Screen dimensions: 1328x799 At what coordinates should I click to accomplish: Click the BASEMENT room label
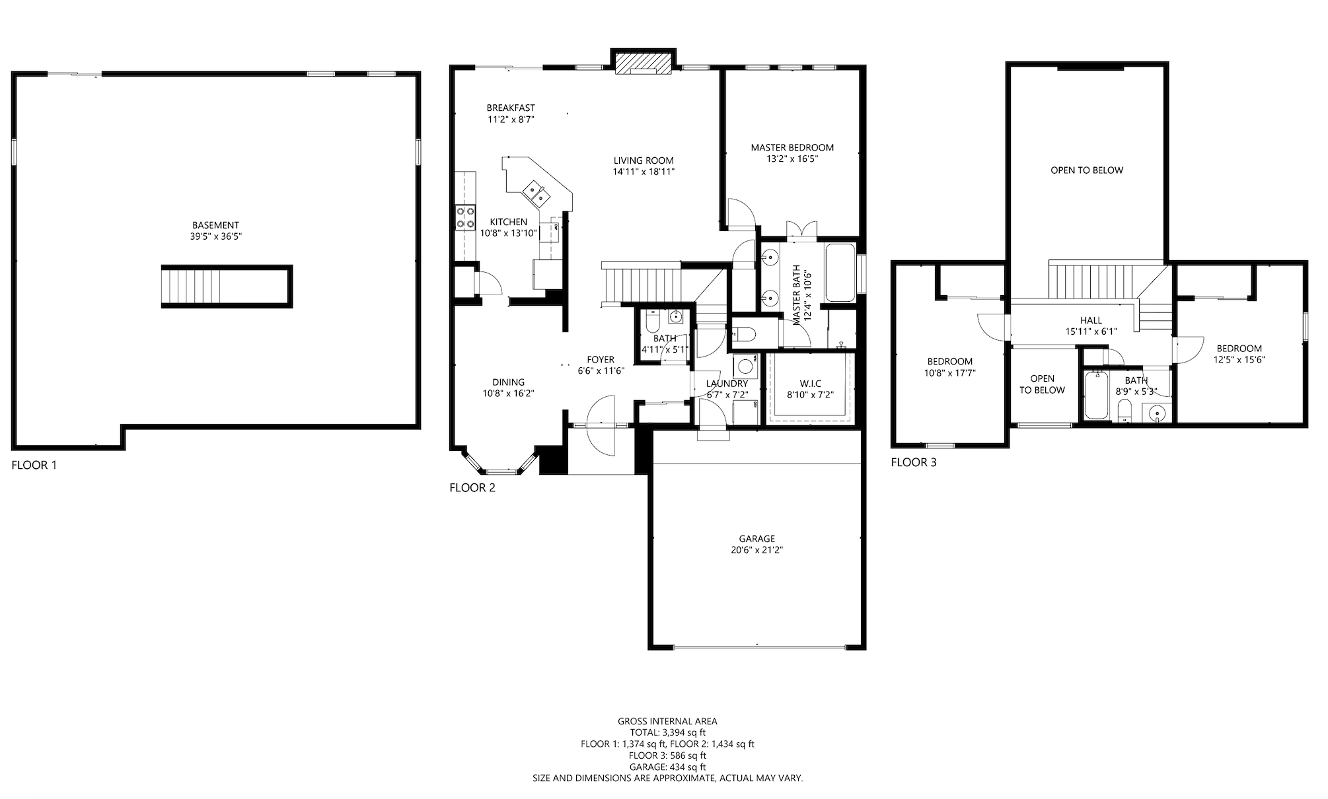pyautogui.click(x=215, y=225)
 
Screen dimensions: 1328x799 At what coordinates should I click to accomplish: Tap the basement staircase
pyautogui.click(x=227, y=287)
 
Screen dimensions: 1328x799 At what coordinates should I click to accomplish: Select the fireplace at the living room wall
pyautogui.click(x=643, y=63)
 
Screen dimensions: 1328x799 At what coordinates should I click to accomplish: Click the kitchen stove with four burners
pyautogui.click(x=464, y=218)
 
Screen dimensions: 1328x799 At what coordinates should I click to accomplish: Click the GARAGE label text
pyautogui.click(x=756, y=539)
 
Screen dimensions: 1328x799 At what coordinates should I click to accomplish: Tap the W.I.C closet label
pyautogui.click(x=810, y=384)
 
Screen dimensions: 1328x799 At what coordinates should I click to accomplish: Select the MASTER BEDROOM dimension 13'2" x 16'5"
pyautogui.click(x=792, y=158)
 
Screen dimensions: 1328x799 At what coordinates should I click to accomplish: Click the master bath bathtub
pyautogui.click(x=840, y=273)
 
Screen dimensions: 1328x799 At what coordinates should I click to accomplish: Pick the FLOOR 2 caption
pyautogui.click(x=472, y=488)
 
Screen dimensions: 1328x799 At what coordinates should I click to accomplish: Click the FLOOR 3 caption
pyautogui.click(x=914, y=462)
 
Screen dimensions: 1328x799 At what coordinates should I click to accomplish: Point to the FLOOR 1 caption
pyautogui.click(x=34, y=465)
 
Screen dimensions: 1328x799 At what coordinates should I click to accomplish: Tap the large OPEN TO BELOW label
pyautogui.click(x=1087, y=170)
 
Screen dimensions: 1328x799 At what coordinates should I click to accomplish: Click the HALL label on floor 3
pyautogui.click(x=1091, y=320)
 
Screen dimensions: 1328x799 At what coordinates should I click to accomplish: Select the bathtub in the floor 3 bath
pyautogui.click(x=1097, y=395)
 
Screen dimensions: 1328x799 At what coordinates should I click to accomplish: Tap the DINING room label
pyautogui.click(x=509, y=382)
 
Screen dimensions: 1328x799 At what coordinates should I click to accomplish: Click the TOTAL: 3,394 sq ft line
pyautogui.click(x=667, y=732)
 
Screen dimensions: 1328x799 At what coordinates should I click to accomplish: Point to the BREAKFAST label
pyautogui.click(x=511, y=108)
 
